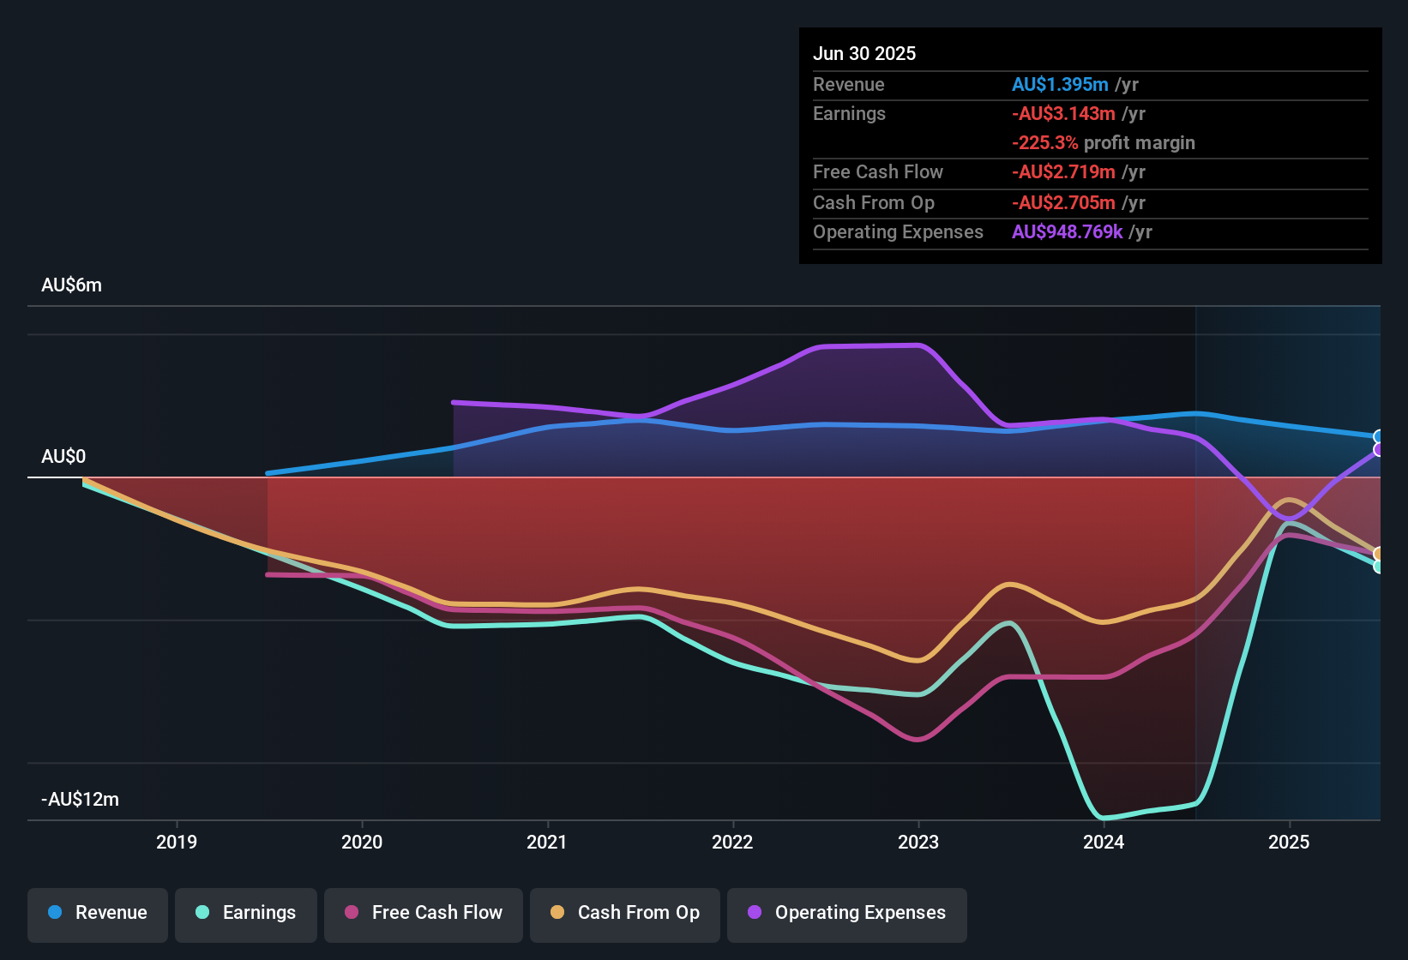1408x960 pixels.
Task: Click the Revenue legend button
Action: [x=98, y=913]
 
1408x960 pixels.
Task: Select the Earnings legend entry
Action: [x=246, y=913]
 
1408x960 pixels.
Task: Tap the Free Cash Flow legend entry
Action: [x=424, y=913]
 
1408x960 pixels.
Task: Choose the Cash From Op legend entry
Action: [x=625, y=913]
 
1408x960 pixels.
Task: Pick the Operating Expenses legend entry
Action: [x=847, y=913]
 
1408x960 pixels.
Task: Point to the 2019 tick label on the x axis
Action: [x=177, y=842]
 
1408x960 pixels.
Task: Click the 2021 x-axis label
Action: [x=547, y=842]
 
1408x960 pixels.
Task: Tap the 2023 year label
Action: [x=918, y=842]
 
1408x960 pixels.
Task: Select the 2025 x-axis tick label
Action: [x=1289, y=842]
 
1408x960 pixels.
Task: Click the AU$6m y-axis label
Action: [x=71, y=285]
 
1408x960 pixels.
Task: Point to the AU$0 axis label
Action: [x=63, y=457]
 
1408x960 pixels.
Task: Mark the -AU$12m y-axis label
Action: [x=80, y=800]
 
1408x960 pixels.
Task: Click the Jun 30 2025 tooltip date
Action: [x=864, y=54]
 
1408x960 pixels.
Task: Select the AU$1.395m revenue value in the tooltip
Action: [x=1060, y=85]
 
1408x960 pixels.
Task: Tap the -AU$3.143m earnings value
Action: [x=1063, y=114]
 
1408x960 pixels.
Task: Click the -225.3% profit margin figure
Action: [x=1044, y=143]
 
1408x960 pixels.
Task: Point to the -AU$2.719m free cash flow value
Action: [x=1063, y=172]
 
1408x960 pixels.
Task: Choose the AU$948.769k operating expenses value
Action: [x=1067, y=232]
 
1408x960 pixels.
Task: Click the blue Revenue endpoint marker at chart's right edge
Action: [x=1378, y=437]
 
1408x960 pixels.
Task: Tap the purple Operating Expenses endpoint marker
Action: [x=1378, y=450]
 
